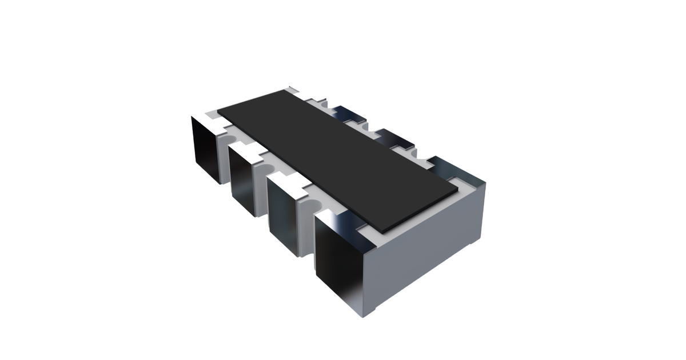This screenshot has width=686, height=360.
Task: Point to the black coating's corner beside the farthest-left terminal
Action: pyautogui.click(x=220, y=109)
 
